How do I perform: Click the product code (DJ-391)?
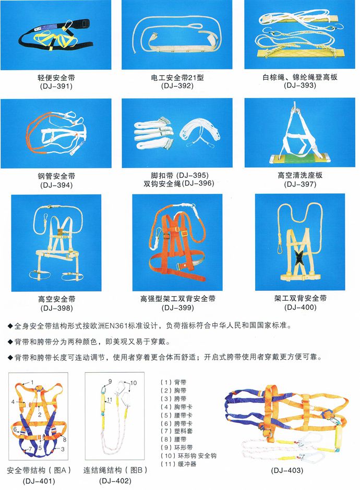click(56, 86)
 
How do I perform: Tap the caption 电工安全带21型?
click(177, 77)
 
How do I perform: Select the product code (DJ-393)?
click(300, 85)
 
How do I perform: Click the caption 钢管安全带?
click(56, 176)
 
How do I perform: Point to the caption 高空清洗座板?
click(300, 175)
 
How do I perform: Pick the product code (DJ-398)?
click(57, 308)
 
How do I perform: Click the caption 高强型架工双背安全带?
click(178, 299)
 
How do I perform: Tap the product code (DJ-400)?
click(300, 307)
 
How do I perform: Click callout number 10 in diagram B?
click(133, 383)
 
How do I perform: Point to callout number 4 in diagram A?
click(13, 401)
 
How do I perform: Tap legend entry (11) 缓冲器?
click(178, 464)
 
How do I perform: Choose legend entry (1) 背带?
click(173, 382)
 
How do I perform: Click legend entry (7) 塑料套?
click(177, 431)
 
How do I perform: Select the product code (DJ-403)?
click(287, 470)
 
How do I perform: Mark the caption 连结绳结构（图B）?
click(115, 470)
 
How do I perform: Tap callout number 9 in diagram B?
click(110, 381)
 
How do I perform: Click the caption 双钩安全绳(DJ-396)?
click(179, 183)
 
